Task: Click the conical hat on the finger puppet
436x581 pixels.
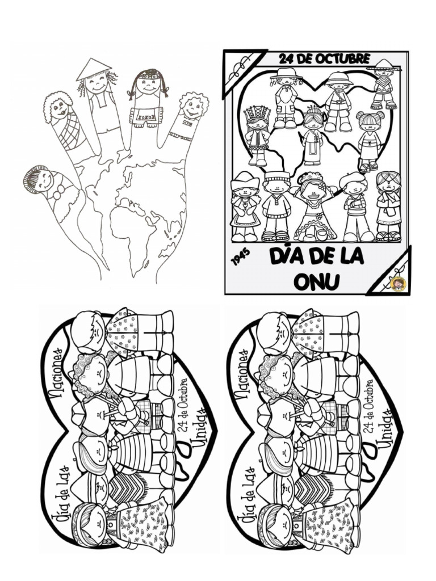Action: pos(93,69)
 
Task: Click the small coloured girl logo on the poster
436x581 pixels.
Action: pos(398,282)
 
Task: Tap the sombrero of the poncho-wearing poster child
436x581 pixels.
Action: pos(384,65)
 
